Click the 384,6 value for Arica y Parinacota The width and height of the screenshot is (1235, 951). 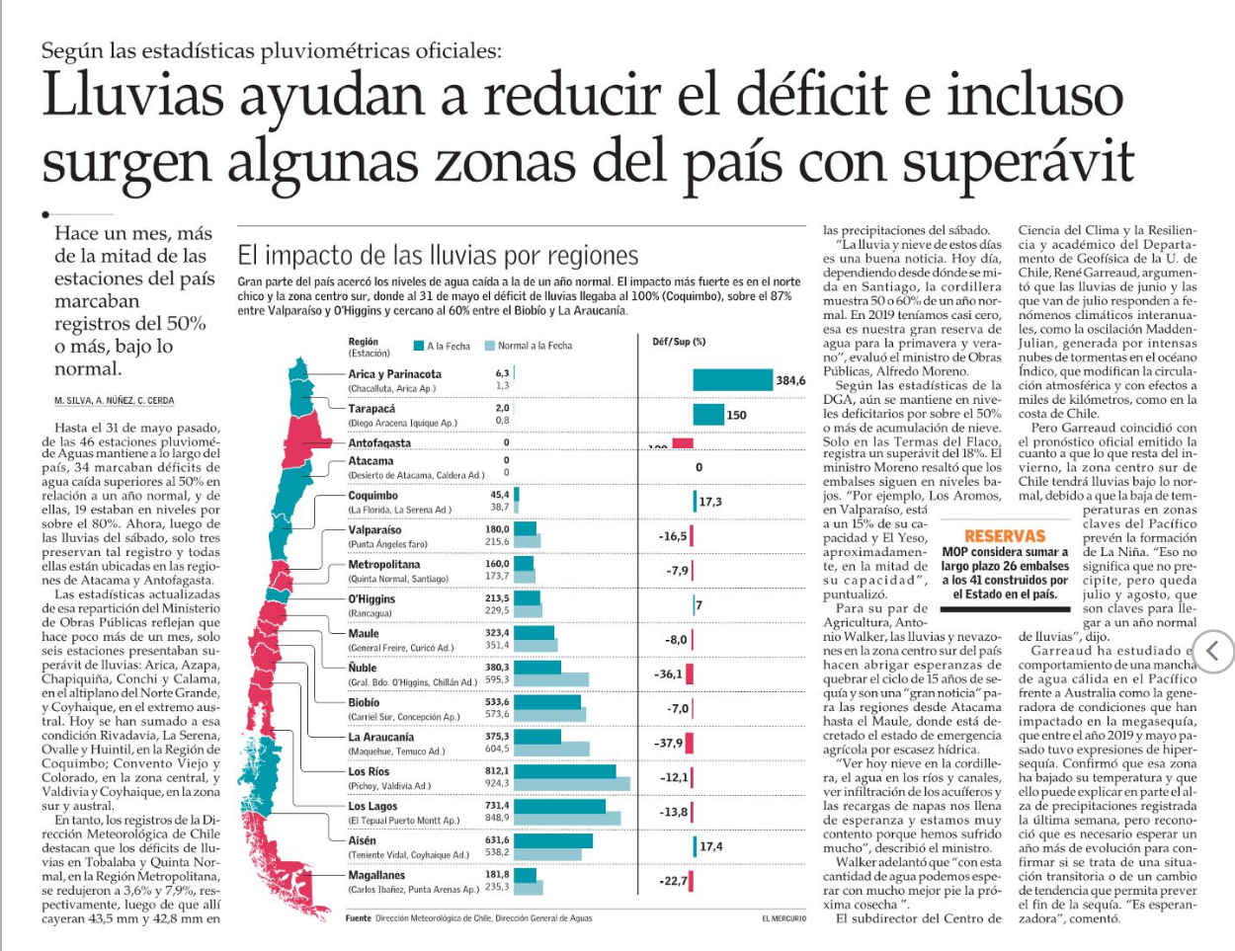[790, 380]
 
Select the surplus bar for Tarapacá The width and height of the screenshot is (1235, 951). [708, 415]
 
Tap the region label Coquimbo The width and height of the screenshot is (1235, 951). [373, 496]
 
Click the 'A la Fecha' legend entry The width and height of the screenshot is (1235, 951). [443, 346]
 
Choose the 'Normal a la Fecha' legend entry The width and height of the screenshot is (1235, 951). [529, 346]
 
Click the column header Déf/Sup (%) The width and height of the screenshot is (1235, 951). [679, 342]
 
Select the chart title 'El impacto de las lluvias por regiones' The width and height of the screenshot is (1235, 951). [438, 256]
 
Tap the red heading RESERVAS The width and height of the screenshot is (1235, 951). [1005, 536]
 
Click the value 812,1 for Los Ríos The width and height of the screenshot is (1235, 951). [497, 770]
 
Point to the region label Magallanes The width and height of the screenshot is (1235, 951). [376, 875]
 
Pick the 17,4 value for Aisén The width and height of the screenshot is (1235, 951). [710, 846]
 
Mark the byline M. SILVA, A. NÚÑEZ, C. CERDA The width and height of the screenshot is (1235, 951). [115, 400]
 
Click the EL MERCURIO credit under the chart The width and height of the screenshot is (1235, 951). [783, 918]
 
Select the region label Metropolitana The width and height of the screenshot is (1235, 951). [384, 565]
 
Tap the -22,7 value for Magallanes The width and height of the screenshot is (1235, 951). [673, 881]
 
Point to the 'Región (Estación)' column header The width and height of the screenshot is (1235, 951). [364, 347]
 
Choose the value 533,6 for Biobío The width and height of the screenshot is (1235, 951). [497, 702]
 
